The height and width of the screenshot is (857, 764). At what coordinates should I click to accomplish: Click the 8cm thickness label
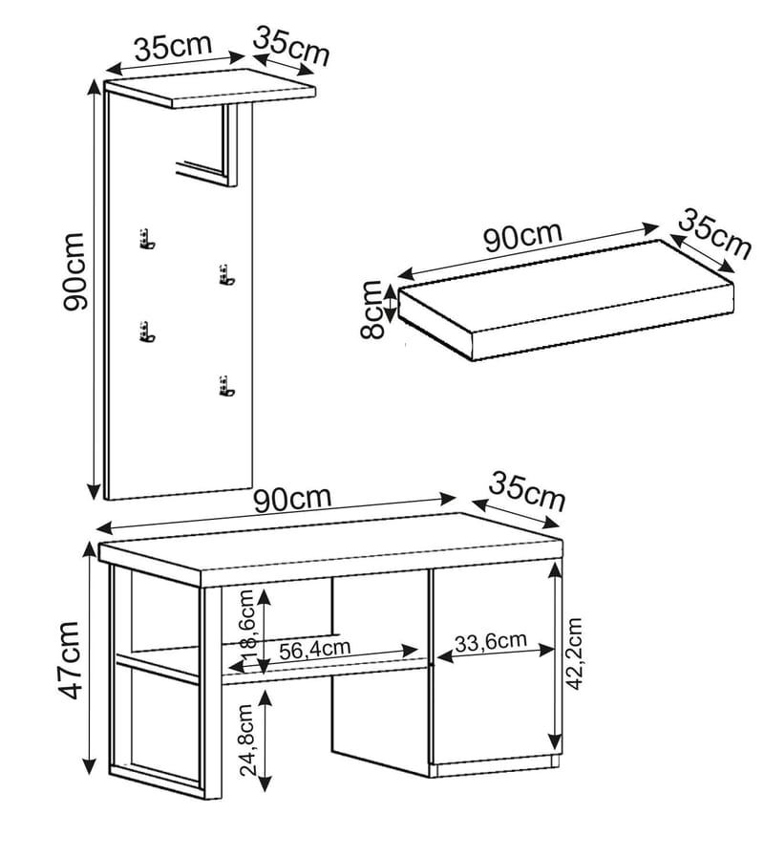coord(372,310)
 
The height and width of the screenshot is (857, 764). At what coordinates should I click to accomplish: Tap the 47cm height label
coord(68,660)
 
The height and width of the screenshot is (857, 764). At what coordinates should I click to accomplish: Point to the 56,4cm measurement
coord(315,649)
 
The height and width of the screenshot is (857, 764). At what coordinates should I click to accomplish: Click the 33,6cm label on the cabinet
coord(491,641)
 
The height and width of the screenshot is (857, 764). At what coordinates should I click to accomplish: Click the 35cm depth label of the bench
coord(527,492)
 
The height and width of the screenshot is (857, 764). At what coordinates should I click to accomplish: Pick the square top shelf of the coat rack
coord(210,92)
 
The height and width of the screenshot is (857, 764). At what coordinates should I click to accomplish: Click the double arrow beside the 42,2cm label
coord(555,657)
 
